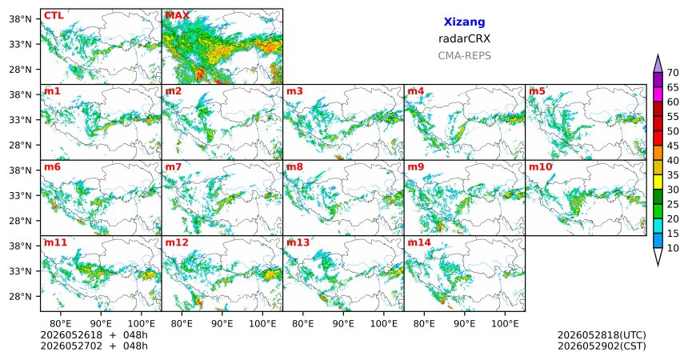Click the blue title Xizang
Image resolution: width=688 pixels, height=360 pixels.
464,22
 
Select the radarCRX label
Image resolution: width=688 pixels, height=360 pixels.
464,38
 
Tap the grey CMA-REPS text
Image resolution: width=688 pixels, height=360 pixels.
464,56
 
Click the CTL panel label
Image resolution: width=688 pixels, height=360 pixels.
54,15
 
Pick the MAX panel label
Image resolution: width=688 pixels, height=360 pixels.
178,15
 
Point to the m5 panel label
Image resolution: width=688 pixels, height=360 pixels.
537,91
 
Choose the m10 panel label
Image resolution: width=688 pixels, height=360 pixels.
540,167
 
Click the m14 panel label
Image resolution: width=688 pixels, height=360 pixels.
419,242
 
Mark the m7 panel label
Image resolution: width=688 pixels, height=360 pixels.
174,167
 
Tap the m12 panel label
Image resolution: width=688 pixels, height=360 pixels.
177,242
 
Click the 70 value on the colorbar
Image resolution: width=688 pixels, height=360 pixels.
673,73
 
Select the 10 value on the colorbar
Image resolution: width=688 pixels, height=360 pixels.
673,248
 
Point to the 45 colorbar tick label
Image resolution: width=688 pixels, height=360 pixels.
673,146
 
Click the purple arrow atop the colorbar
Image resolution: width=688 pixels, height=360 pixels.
658,64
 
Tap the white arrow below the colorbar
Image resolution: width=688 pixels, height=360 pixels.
658,256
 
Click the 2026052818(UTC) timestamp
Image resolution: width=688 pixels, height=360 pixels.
602,335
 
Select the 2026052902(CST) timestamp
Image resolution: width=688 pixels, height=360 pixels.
602,346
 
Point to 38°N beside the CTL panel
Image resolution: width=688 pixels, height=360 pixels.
21,18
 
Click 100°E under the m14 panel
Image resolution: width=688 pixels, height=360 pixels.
505,324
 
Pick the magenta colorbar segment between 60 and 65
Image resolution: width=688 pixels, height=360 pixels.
658,94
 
